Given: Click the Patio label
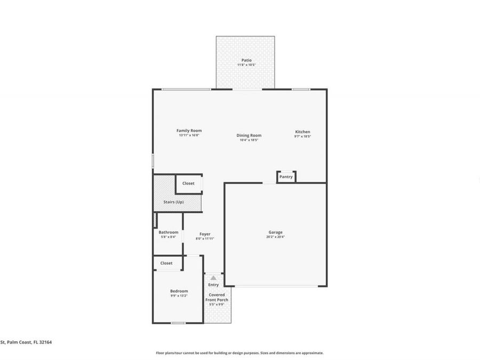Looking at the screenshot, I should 246,60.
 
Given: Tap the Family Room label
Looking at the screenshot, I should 189,131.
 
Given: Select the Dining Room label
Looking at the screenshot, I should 249,135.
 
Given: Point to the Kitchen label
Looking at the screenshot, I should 302,132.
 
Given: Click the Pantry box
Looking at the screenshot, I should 286,177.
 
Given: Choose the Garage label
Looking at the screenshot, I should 275,232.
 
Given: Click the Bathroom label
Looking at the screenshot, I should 168,232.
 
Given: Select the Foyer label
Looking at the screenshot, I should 205,234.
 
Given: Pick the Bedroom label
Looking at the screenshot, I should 179,291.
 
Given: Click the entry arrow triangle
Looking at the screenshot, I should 213,278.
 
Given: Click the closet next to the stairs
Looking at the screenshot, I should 188,183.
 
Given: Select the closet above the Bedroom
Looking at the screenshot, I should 166,263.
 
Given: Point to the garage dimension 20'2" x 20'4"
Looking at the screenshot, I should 275,237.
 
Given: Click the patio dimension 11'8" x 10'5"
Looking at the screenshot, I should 246,65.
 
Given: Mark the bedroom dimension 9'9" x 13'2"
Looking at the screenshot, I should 179,295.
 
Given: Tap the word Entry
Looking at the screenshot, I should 213,285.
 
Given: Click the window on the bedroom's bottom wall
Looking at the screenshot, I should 178,323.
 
